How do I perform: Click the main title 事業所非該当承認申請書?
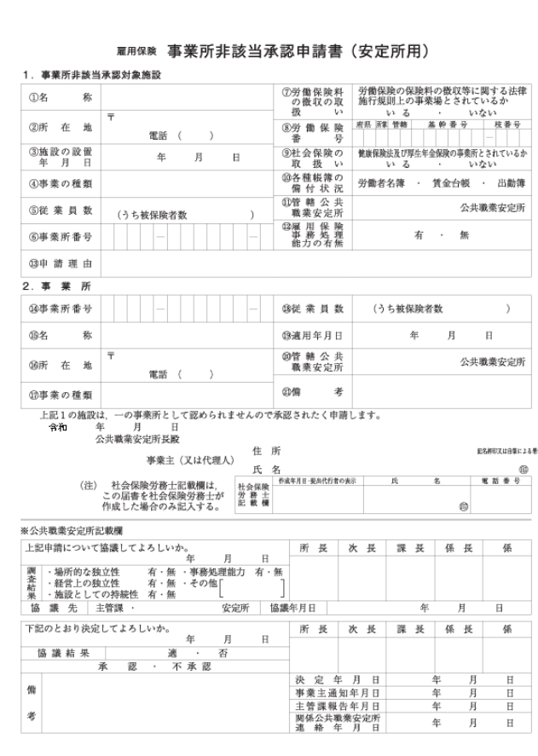281,50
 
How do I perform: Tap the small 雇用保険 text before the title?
142,52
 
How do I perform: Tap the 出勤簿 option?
504,182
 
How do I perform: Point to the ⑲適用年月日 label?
312,336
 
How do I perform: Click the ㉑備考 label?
312,390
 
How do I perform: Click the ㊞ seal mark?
463,506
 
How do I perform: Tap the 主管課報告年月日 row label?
337,706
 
